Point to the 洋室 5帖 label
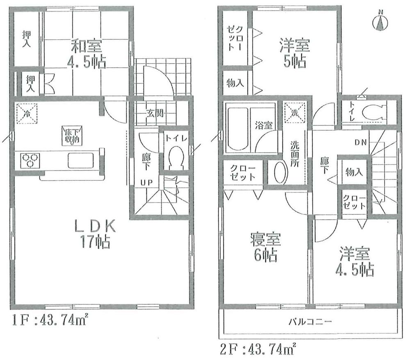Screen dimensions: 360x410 pyautogui.click(x=294, y=52)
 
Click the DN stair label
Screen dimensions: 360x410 pyautogui.click(x=361, y=142)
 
